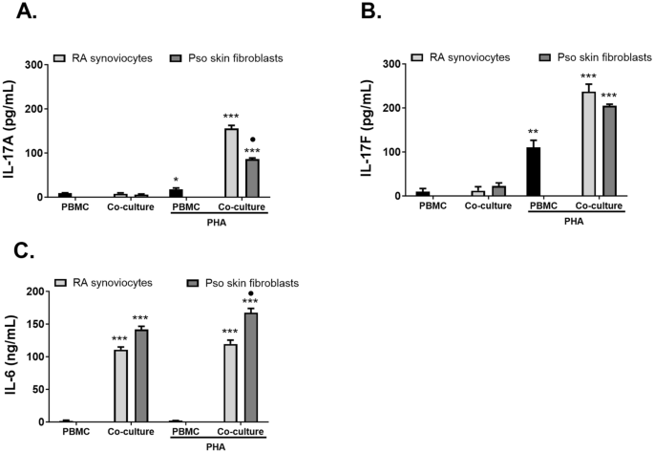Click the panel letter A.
[18, 13]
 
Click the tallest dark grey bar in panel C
[253, 367]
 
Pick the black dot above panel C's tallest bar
[253, 293]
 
